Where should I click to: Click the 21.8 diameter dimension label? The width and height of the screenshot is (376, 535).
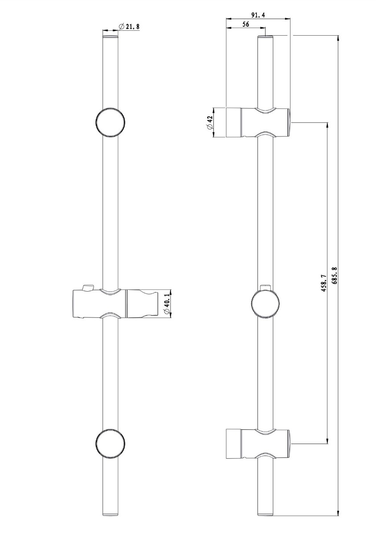click(x=129, y=26)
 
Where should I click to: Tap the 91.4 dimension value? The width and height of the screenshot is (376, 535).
click(x=258, y=15)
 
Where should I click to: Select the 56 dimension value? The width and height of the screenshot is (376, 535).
click(x=245, y=24)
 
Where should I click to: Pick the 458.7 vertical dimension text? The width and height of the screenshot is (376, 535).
click(x=324, y=283)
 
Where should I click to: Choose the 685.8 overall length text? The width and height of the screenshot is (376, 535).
click(x=335, y=276)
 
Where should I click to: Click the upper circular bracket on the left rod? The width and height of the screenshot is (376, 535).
click(x=110, y=122)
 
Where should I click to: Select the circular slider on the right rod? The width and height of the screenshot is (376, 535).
click(x=265, y=303)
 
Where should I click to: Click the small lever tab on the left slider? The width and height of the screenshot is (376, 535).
click(x=88, y=288)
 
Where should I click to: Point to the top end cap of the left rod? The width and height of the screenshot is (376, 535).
click(x=110, y=37)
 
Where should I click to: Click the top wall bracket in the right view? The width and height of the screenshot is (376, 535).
click(x=258, y=122)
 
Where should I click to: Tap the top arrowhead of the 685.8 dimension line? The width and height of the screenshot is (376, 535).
click(x=338, y=38)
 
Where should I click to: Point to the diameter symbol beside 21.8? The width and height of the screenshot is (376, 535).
click(x=121, y=26)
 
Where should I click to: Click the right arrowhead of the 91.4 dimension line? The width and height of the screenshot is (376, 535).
click(x=287, y=19)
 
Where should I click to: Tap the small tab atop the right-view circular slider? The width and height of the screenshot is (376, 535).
click(x=265, y=287)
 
